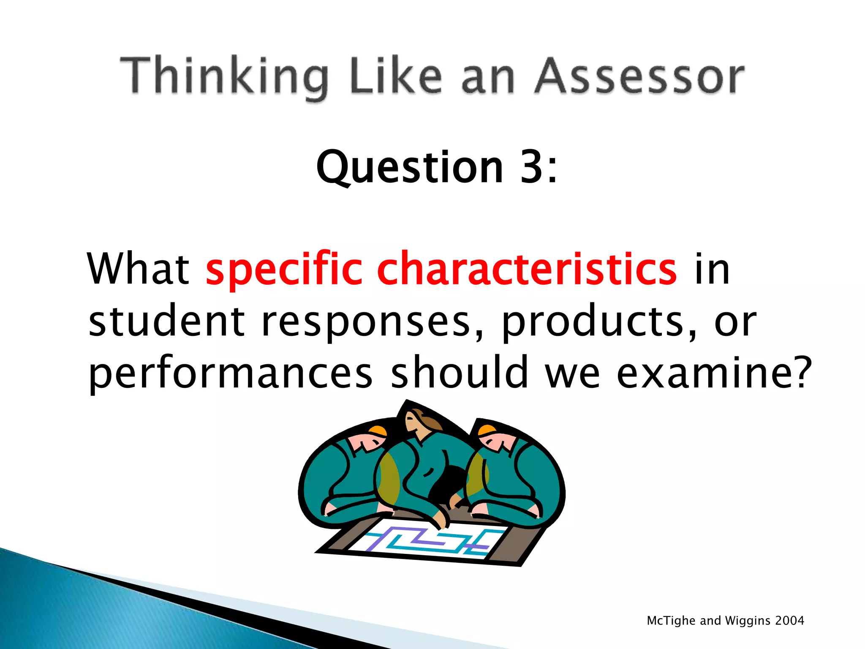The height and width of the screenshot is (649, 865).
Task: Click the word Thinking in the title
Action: (224, 76)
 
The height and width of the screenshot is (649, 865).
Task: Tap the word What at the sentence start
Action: (138, 269)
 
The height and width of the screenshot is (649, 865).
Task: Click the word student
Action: (167, 321)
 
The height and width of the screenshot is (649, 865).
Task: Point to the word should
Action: (459, 372)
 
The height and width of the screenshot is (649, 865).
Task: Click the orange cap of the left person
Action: (378, 431)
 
